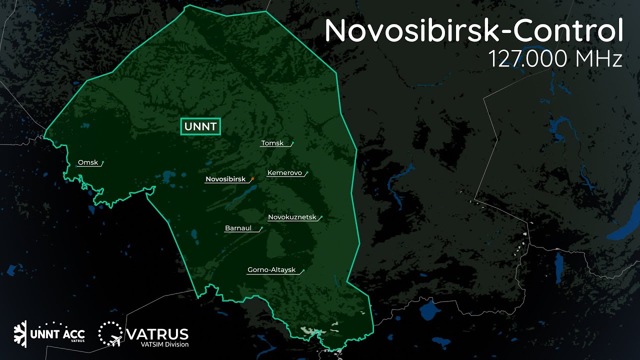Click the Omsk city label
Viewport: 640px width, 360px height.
click(x=87, y=162)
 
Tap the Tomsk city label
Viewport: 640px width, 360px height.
click(x=272, y=143)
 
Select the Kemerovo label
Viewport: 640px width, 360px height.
click(x=284, y=173)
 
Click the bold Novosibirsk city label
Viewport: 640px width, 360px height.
click(x=225, y=179)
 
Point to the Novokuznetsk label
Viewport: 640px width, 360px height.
click(x=292, y=217)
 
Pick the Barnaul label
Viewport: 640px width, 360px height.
click(x=238, y=228)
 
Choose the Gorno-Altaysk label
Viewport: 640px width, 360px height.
click(x=271, y=270)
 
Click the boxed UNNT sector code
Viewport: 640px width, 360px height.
click(x=200, y=126)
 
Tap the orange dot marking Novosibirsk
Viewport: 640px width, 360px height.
click(x=253, y=178)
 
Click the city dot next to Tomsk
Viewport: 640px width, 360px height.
click(x=292, y=143)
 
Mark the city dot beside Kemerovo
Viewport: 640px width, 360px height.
click(x=307, y=173)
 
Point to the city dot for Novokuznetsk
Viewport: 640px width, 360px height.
click(x=321, y=217)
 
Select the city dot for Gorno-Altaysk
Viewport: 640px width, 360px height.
click(x=303, y=270)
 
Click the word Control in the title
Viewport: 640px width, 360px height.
click(x=568, y=31)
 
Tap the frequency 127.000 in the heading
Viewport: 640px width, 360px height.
click(x=528, y=58)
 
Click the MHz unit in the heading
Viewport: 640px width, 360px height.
click(x=599, y=58)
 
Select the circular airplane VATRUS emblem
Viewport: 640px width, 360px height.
click(x=110, y=333)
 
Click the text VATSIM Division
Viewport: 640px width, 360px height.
click(x=158, y=344)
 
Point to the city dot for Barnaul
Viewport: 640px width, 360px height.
click(x=261, y=228)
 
